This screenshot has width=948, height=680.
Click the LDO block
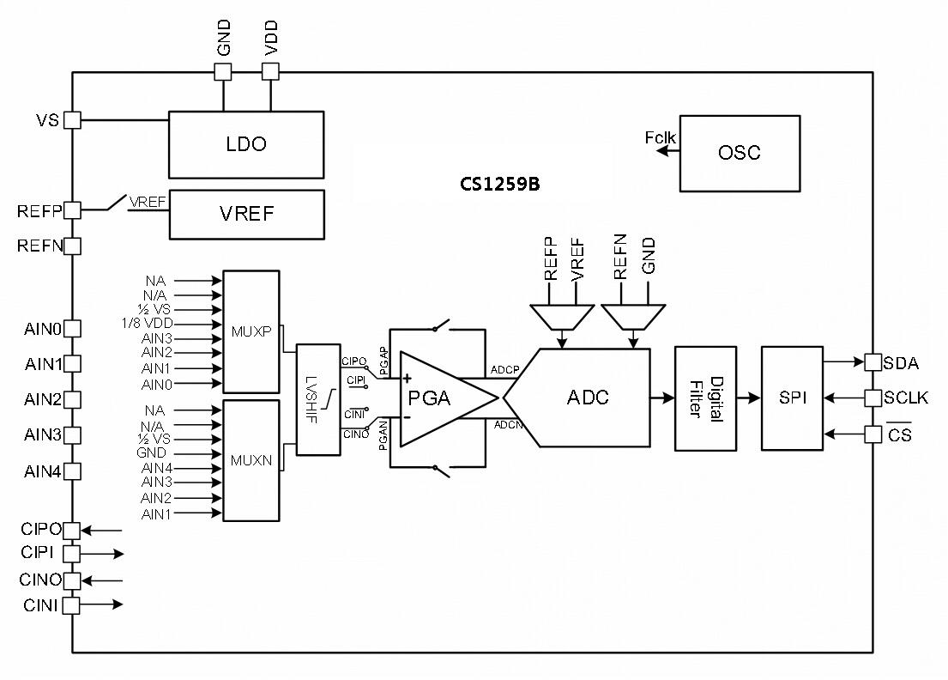coord(246,144)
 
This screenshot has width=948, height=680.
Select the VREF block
coord(246,214)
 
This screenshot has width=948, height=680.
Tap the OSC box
coord(740,153)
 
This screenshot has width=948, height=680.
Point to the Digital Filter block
coord(705,398)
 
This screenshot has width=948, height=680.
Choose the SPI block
coord(792,398)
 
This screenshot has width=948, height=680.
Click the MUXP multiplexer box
coord(251,331)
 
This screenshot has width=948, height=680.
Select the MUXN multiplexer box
coord(251,460)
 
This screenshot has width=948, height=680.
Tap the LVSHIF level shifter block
coord(317,399)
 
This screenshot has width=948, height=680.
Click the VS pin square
coord(73,120)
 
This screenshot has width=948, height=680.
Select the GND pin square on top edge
coord(223,73)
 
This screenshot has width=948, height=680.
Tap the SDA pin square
coord(873,362)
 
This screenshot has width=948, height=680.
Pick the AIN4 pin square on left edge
coord(73,471)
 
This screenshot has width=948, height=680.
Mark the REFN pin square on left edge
coord(73,246)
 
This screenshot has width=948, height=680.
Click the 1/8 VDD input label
coord(148,324)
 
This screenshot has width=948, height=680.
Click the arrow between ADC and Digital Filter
coord(662,398)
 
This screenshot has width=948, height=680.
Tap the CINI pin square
coord(71,605)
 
